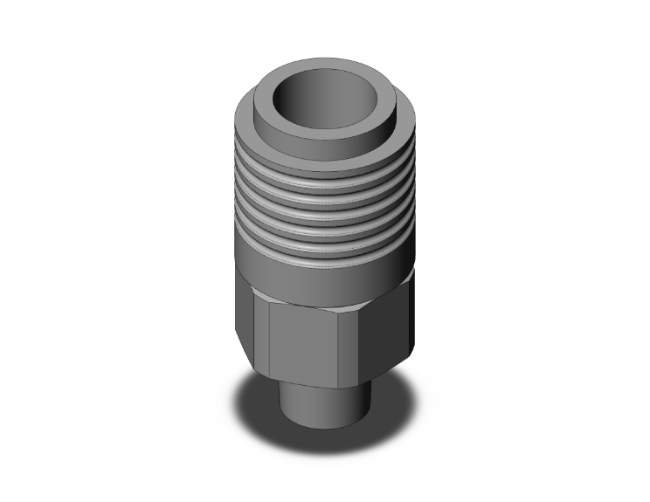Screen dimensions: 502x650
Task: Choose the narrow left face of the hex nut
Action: coord(249,327)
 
